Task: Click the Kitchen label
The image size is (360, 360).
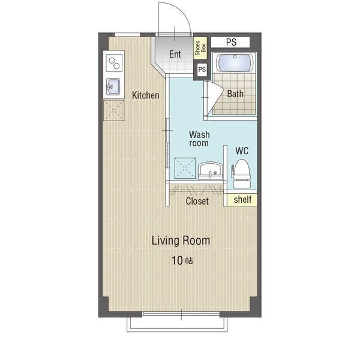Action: (x=146, y=95)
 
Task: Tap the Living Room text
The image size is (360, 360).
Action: (x=181, y=241)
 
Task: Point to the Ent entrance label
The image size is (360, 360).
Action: (x=175, y=54)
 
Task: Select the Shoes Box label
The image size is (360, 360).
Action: (x=200, y=48)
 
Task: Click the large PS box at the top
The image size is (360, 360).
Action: (x=230, y=42)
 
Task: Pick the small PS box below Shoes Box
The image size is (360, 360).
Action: (x=202, y=69)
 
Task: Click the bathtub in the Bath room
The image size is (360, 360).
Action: (x=234, y=62)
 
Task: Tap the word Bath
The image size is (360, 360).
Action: (x=235, y=94)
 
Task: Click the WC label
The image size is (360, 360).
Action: (x=242, y=151)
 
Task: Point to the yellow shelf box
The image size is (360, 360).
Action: (x=242, y=199)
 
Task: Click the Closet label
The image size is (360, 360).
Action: (x=197, y=201)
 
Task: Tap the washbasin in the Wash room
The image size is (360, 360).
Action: (x=211, y=171)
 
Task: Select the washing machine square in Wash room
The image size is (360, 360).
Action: (x=185, y=168)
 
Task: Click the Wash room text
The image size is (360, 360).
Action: (x=199, y=139)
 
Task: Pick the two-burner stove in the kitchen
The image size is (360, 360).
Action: (x=114, y=63)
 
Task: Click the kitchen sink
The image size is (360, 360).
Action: (x=113, y=87)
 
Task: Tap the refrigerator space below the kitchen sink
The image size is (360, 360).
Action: (x=114, y=110)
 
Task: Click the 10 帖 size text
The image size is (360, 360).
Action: (x=182, y=261)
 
